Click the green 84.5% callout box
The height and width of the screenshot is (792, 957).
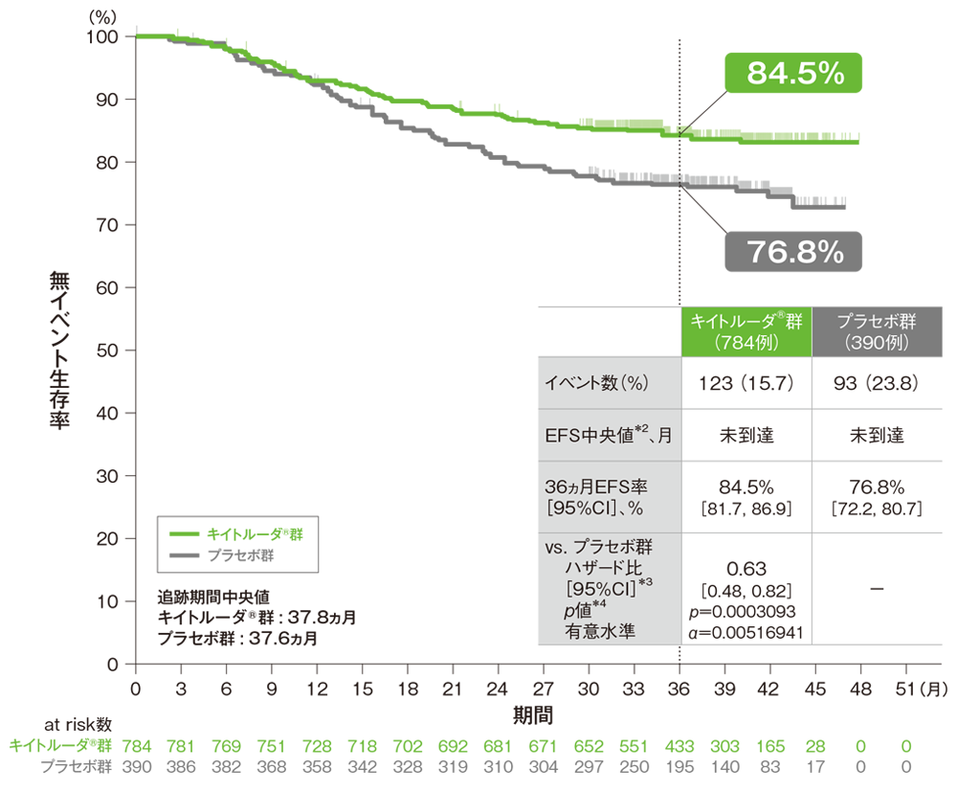click(x=793, y=73)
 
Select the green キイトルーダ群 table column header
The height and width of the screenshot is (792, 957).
click(x=746, y=329)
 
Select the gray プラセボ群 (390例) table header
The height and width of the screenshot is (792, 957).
click(x=877, y=329)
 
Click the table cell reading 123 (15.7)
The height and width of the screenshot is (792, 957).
click(x=746, y=383)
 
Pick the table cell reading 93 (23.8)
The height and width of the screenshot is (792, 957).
click(x=877, y=383)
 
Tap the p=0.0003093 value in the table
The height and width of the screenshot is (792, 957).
click(x=746, y=609)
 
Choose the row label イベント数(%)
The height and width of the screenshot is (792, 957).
click(x=597, y=383)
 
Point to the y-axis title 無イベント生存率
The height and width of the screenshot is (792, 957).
click(x=59, y=350)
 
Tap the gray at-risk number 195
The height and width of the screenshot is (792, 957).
click(x=679, y=767)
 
